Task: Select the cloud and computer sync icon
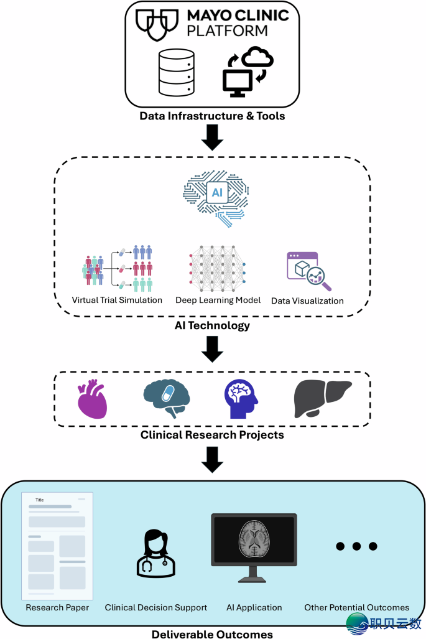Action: [248, 71]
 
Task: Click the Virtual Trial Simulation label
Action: [117, 300]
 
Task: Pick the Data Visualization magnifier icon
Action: [308, 271]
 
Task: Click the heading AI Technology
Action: [213, 325]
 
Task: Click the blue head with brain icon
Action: [240, 399]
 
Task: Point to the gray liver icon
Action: [322, 398]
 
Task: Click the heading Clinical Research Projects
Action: [213, 434]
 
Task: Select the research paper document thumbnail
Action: [57, 546]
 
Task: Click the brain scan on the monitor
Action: [254, 539]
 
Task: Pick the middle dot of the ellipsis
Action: [356, 546]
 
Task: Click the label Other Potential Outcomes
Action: [356, 607]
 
